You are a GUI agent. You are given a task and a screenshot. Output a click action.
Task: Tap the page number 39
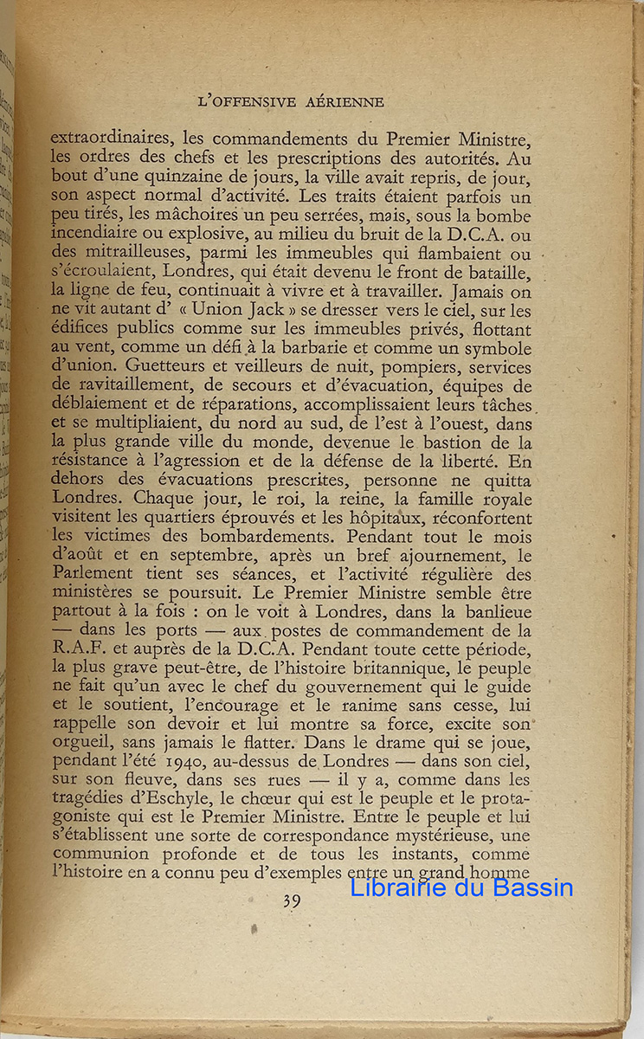click(292, 902)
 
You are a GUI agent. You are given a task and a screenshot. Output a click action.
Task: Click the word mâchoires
click(173, 216)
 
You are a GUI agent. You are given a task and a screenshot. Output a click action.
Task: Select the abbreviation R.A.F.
click(77, 649)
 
